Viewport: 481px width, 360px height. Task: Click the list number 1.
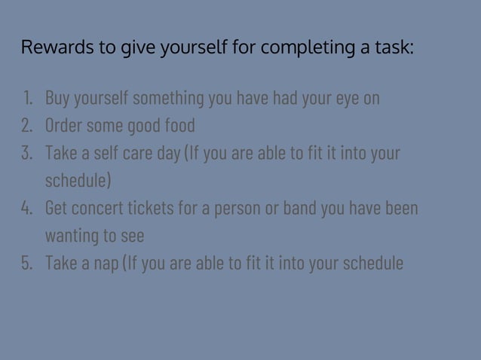[28, 98]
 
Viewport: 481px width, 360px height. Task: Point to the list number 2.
[27, 125]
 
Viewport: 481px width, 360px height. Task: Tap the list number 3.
[27, 153]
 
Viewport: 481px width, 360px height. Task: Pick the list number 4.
[27, 208]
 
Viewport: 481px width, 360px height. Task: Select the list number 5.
[27, 263]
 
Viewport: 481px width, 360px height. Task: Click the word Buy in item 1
[57, 99]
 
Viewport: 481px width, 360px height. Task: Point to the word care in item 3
[131, 153]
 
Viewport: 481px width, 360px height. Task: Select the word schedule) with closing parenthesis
[78, 181]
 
